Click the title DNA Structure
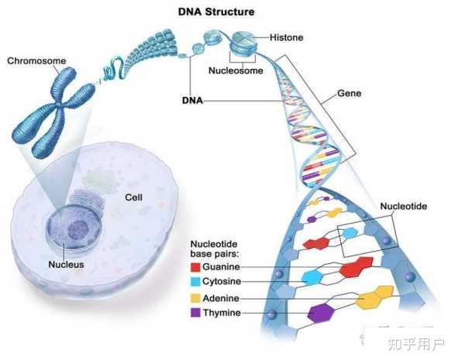click(216, 12)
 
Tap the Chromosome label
click(36, 60)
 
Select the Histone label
click(286, 37)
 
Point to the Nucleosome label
click(236, 70)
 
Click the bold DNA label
click(192, 101)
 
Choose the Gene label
click(349, 94)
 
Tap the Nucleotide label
click(404, 206)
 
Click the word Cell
click(133, 197)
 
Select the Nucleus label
click(66, 264)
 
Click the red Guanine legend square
click(195, 267)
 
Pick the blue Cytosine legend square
click(195, 282)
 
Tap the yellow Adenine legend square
click(195, 298)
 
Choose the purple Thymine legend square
click(195, 313)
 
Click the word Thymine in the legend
click(222, 313)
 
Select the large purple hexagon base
click(322, 314)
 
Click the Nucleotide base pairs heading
click(214, 249)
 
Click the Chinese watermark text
click(416, 345)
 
